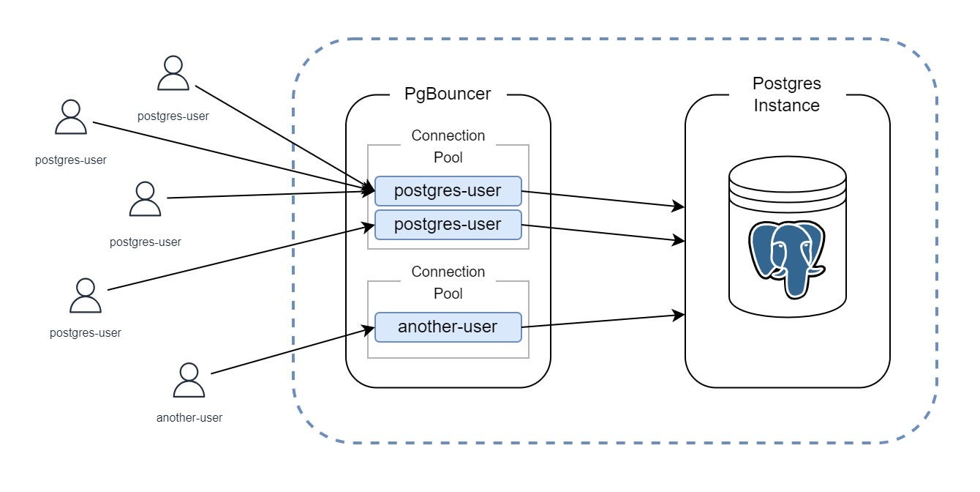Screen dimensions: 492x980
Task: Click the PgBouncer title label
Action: [448, 94]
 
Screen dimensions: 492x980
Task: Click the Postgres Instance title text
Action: [786, 94]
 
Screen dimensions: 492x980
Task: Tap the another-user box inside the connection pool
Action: [448, 327]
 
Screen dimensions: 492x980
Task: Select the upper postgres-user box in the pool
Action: [448, 190]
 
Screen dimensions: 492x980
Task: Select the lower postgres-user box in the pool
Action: [448, 224]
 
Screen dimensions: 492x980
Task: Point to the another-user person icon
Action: [188, 381]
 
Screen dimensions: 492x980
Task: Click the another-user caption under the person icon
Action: [189, 418]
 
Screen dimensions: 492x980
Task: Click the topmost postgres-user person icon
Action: [173, 74]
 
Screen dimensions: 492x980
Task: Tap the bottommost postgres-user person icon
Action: [85, 296]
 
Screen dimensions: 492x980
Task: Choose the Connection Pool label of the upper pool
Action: [448, 146]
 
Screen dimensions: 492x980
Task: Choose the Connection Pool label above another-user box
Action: [448, 282]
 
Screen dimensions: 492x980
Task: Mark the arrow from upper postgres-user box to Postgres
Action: [600, 199]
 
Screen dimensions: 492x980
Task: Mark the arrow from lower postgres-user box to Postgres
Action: [600, 232]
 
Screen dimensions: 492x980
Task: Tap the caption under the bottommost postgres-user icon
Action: [85, 332]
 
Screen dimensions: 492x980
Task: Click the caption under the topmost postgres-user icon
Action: [173, 116]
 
